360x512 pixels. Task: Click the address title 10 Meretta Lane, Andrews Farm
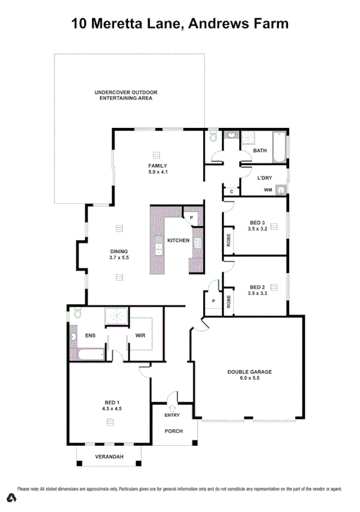pyautogui.click(x=180, y=24)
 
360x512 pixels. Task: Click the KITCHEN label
pyautogui.click(x=179, y=241)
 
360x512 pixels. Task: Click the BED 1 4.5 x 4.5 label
pyautogui.click(x=112, y=406)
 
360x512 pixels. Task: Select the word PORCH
pyautogui.click(x=174, y=431)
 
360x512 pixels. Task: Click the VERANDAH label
pyautogui.click(x=109, y=456)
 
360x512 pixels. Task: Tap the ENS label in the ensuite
pyautogui.click(x=91, y=334)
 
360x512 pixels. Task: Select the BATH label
pyautogui.click(x=260, y=150)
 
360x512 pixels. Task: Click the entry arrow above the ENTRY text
pyautogui.click(x=172, y=408)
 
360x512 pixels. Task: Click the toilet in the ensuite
pyautogui.click(x=76, y=313)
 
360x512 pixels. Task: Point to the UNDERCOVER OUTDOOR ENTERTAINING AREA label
pyautogui.click(x=126, y=95)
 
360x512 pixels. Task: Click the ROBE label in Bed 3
pyautogui.click(x=228, y=240)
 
